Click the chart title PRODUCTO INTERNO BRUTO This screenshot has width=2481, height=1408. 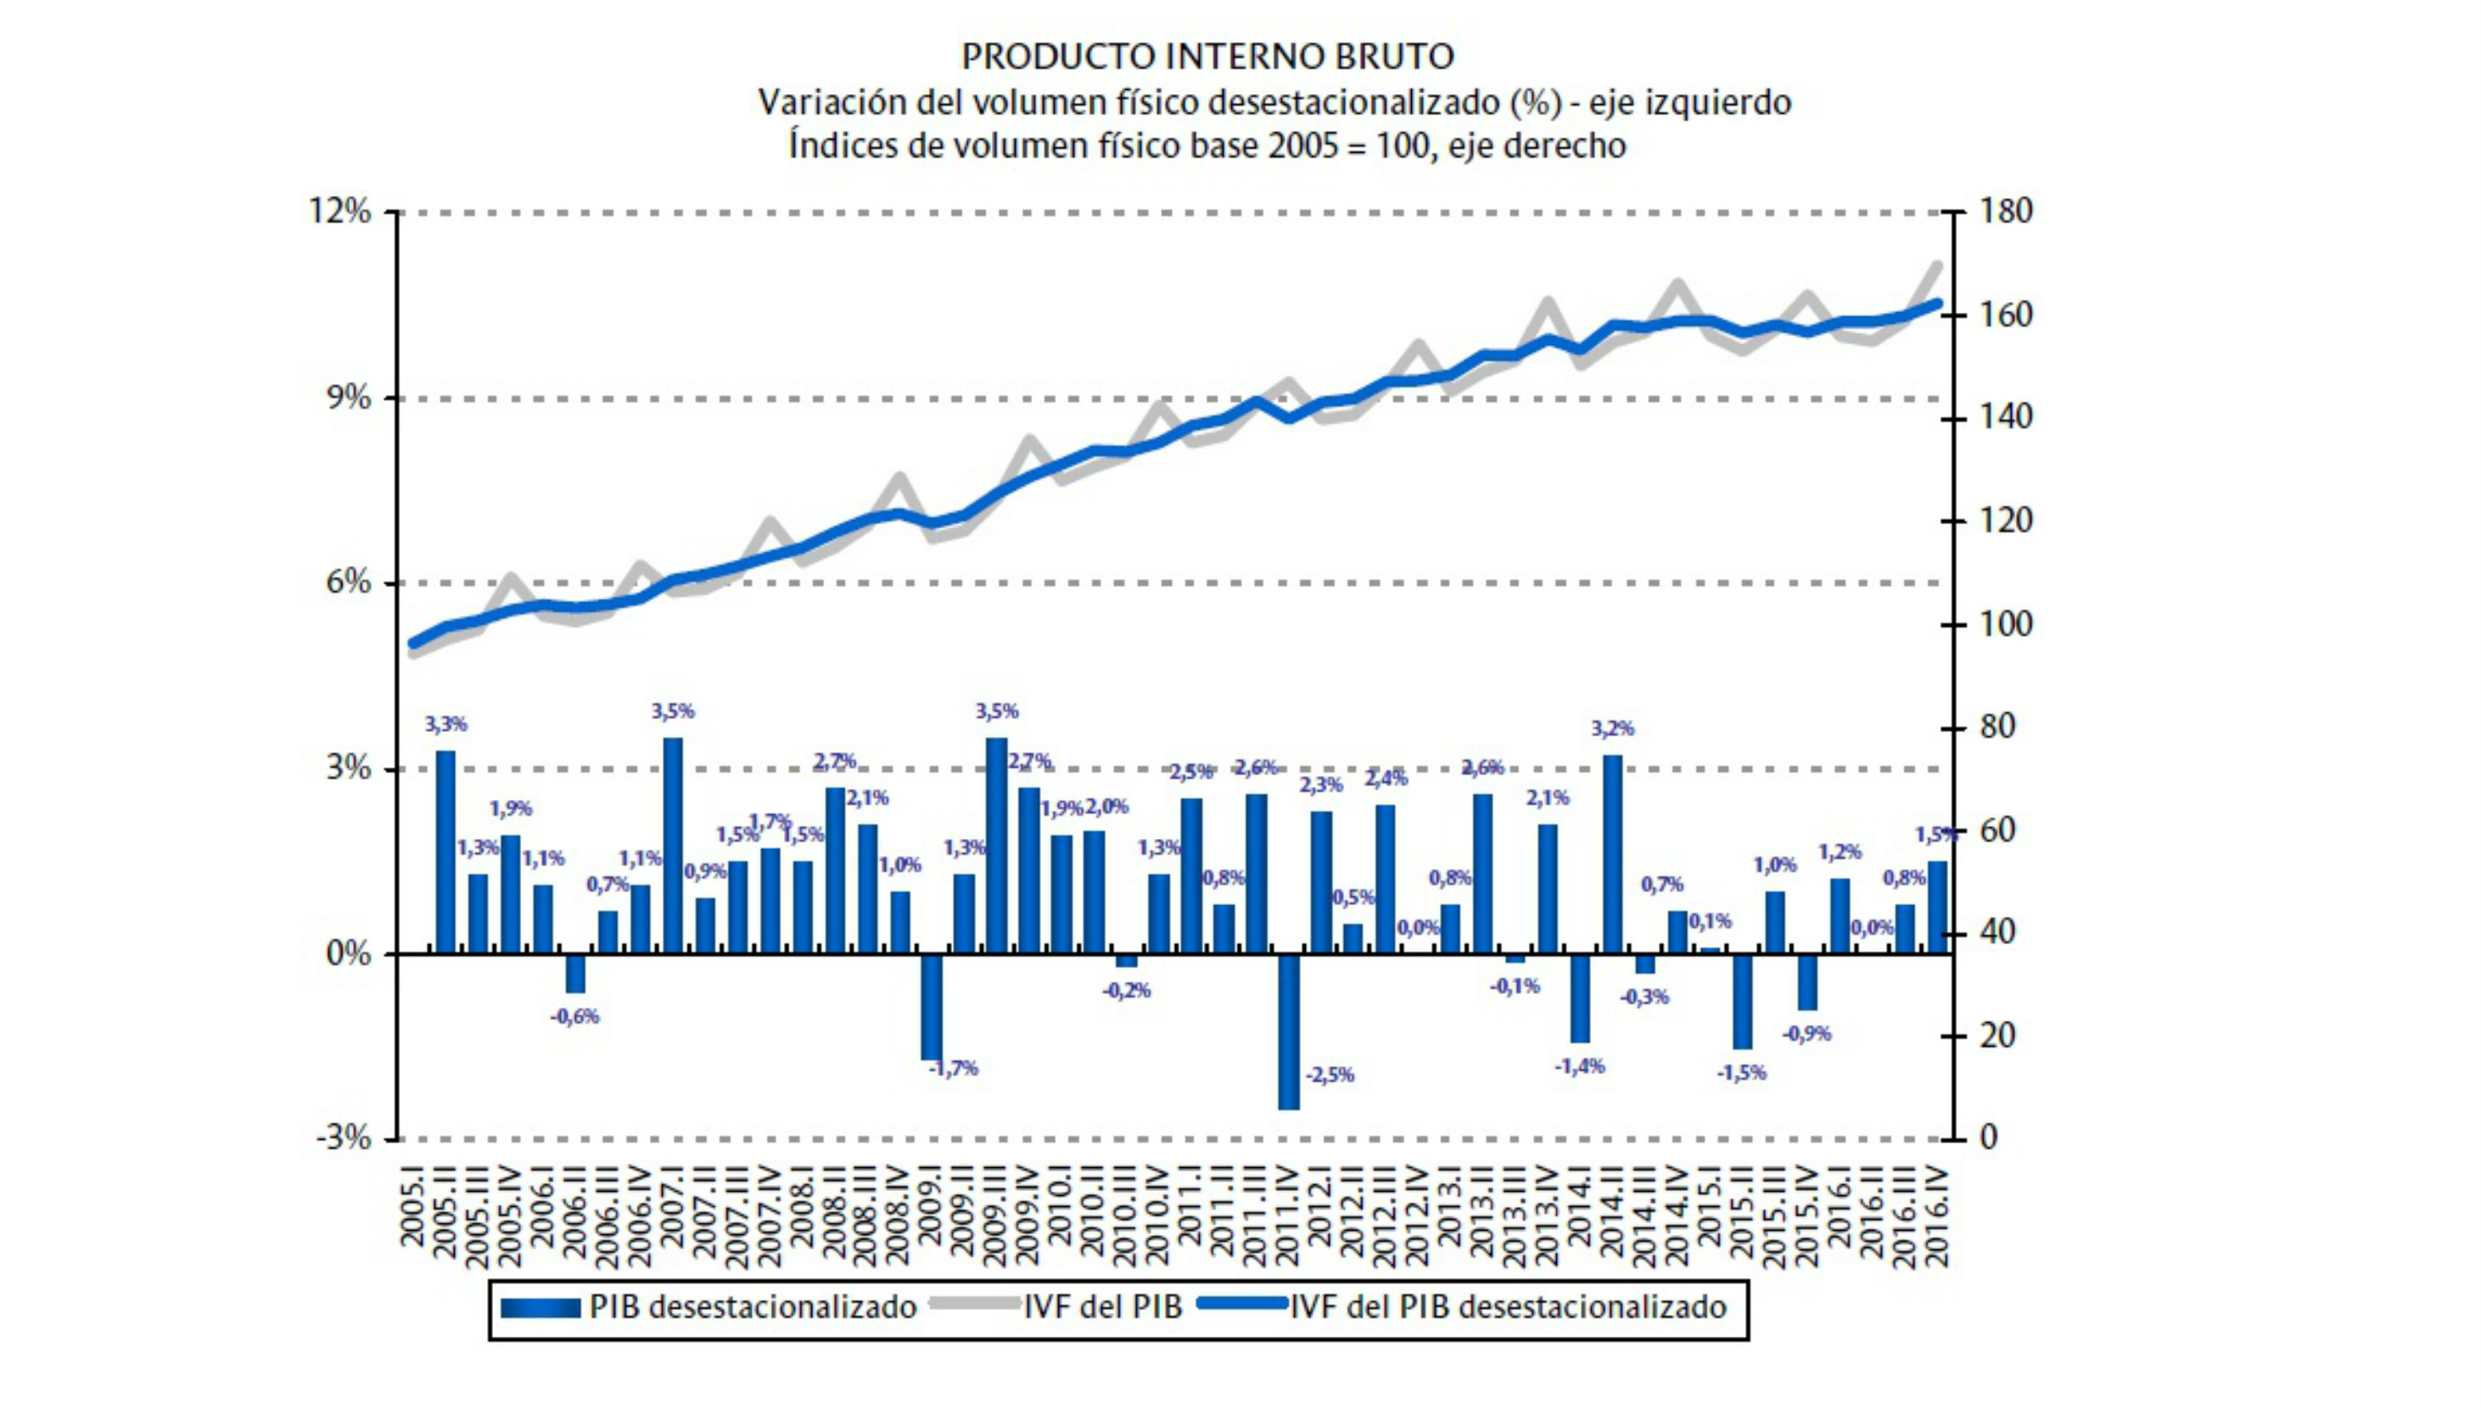point(1207,56)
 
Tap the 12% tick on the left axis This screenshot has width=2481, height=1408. point(339,211)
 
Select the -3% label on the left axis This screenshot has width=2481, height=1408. point(344,1138)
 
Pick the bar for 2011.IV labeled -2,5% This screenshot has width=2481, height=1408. point(1288,1031)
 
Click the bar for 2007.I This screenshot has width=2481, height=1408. point(672,846)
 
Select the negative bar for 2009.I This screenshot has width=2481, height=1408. point(932,1007)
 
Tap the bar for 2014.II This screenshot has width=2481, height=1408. point(1612,854)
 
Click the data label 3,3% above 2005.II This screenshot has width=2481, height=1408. point(446,724)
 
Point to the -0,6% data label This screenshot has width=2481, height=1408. point(575,1016)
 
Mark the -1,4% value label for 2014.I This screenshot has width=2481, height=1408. point(1581,1065)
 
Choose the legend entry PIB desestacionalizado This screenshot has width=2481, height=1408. point(753,1306)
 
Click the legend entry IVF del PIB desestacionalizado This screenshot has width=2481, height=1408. point(1507,1306)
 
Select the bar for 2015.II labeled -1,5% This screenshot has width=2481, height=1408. point(1742,1002)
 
